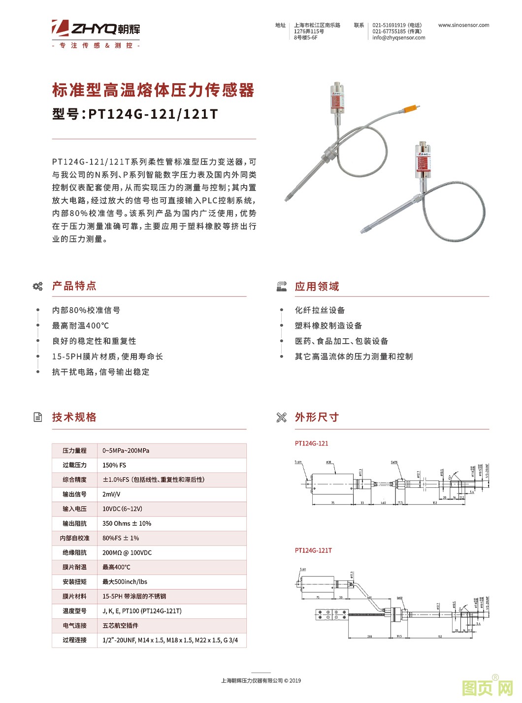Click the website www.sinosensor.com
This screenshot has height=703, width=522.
click(463, 25)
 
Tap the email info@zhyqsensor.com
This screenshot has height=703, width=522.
click(398, 37)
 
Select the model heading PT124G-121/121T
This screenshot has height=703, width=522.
click(135, 114)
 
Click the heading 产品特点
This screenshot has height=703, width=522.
click(74, 286)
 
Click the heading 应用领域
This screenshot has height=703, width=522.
click(317, 287)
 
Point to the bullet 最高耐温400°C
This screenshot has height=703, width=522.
click(81, 326)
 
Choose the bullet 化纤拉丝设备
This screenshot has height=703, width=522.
click(320, 310)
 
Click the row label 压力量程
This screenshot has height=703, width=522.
click(74, 450)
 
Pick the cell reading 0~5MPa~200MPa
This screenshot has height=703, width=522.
click(126, 450)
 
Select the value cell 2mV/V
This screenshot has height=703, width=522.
click(111, 494)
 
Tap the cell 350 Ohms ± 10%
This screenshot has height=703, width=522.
click(127, 523)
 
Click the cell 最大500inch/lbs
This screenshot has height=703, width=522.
click(125, 582)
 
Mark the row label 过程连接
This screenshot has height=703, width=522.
click(74, 640)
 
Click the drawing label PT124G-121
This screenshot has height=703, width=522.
click(311, 444)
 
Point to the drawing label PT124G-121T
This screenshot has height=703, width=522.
click(313, 550)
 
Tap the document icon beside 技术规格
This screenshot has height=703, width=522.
click(38, 417)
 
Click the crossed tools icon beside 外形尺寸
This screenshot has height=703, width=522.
click(281, 417)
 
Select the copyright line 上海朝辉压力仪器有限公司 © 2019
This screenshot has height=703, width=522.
click(261, 681)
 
